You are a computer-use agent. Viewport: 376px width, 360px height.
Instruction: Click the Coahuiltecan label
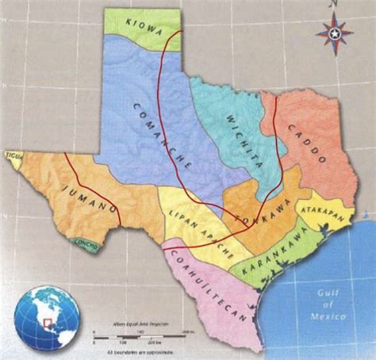coord(211,293)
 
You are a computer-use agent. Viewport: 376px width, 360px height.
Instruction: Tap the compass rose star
coord(335,34)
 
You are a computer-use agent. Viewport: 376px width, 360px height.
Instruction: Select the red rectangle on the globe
coord(48,324)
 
